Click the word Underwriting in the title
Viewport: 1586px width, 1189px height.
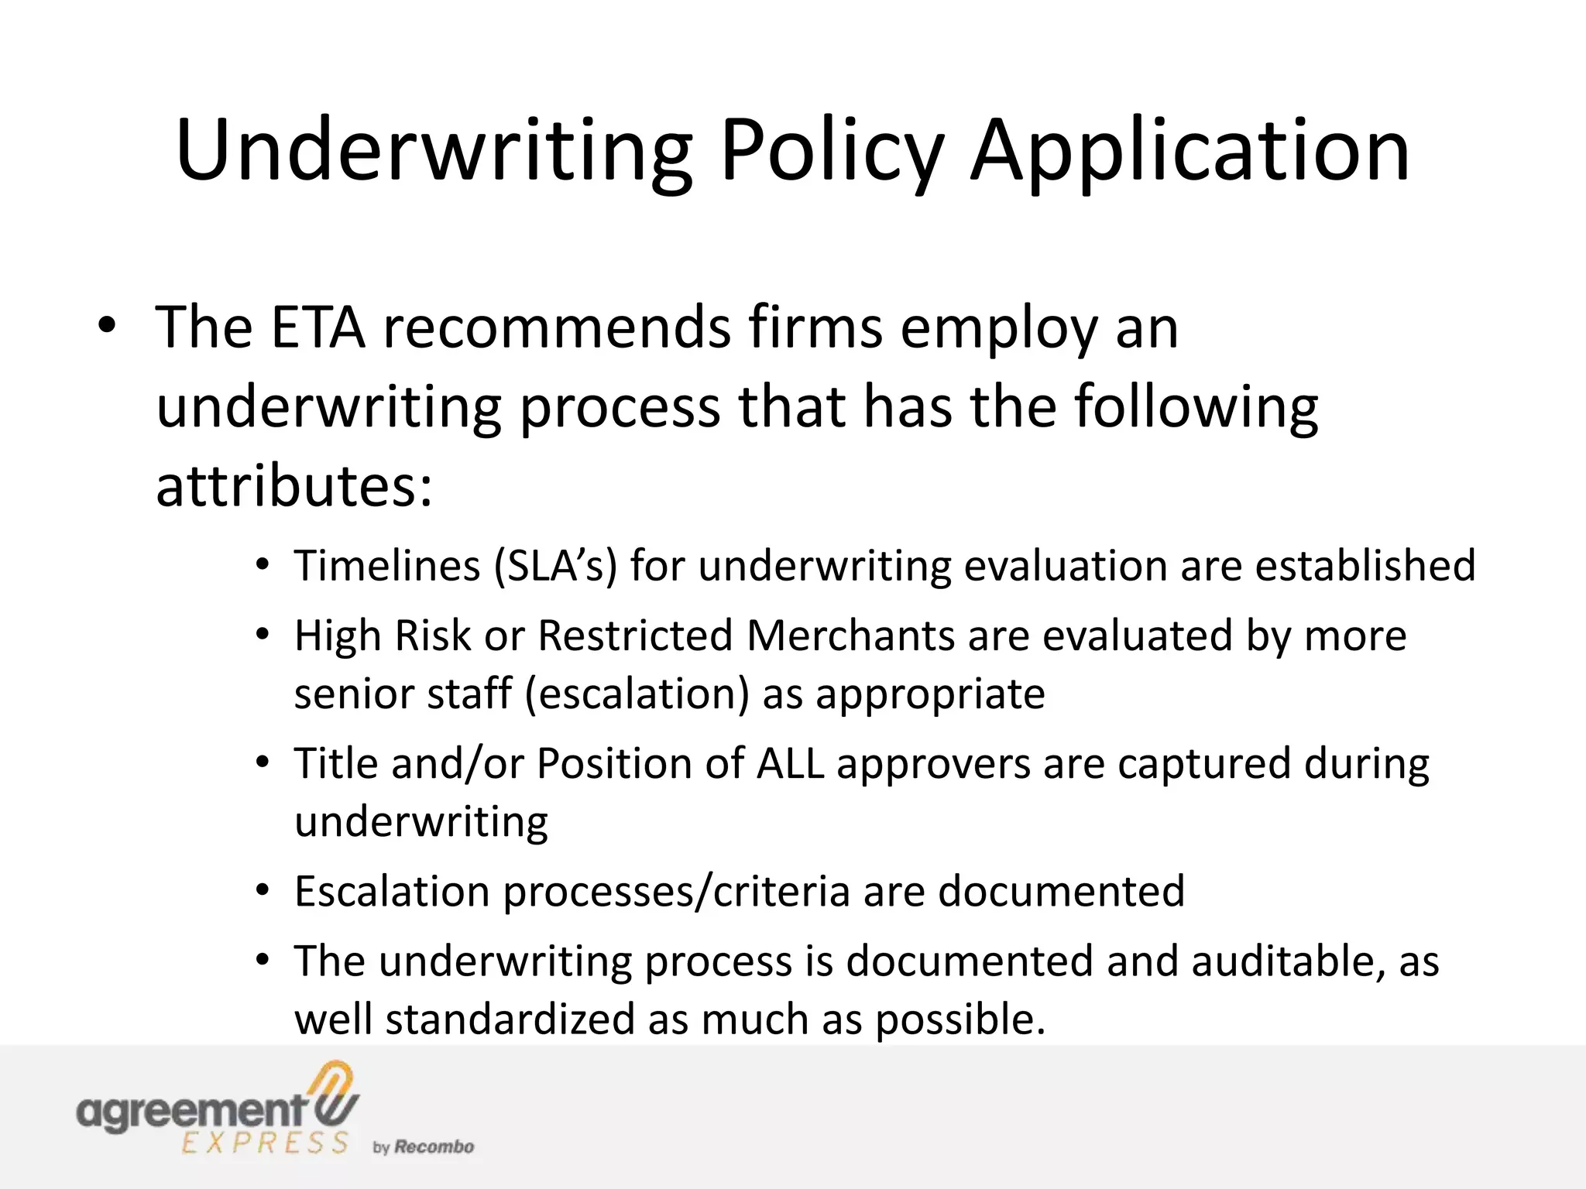(x=434, y=151)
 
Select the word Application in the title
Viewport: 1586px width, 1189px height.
(x=1190, y=151)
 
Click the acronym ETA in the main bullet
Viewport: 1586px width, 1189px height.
(x=318, y=327)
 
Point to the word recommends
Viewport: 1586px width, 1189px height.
(x=557, y=327)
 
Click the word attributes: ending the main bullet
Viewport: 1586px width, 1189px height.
(x=294, y=488)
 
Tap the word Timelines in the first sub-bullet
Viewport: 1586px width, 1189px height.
(x=387, y=566)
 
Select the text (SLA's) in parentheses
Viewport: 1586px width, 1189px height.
(x=554, y=566)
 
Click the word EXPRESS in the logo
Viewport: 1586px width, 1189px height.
(x=265, y=1143)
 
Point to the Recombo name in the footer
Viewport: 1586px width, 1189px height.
(x=434, y=1147)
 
